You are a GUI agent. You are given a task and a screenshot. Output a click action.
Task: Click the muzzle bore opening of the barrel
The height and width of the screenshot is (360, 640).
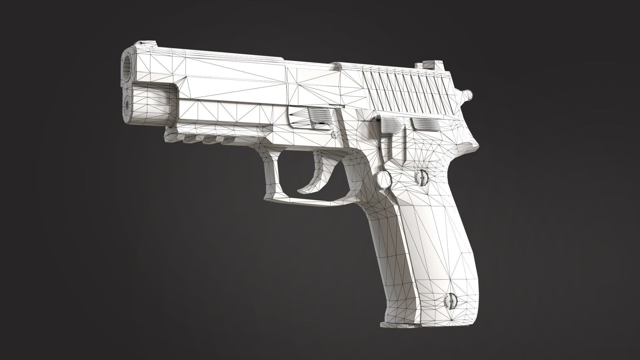click(127, 65)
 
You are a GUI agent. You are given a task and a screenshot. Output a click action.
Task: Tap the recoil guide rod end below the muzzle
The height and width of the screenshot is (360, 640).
click(127, 104)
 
